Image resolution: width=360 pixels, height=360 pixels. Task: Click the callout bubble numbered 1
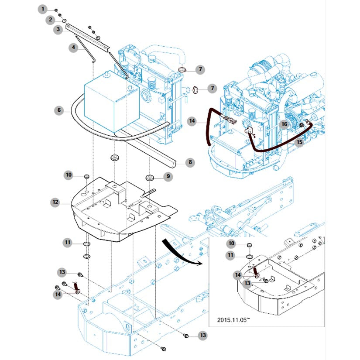point(43,9)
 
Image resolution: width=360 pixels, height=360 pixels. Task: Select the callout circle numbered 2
point(50,20)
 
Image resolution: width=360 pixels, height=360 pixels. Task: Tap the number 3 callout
point(58,30)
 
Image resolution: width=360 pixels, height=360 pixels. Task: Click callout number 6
point(59,110)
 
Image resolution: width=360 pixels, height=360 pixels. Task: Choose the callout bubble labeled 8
point(190,162)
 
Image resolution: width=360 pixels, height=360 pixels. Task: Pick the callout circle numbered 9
point(168,177)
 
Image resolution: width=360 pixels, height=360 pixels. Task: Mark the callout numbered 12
point(55,202)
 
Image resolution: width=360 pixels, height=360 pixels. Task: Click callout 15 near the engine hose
point(299,142)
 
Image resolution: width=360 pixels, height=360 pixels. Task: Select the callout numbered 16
point(284,125)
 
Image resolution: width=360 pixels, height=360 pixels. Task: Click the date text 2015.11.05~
point(233,320)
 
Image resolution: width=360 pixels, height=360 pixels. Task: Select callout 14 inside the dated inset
point(238,275)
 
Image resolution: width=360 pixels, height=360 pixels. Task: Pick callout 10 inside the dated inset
point(231,243)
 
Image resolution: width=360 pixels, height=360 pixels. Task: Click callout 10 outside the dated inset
point(69,175)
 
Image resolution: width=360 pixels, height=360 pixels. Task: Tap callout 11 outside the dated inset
point(68,242)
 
